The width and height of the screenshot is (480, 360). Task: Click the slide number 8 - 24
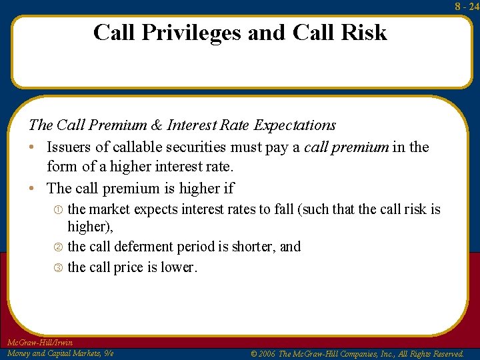[467, 6]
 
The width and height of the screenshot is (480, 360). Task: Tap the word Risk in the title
[364, 32]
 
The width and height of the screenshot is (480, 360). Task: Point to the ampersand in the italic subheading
[157, 125]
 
